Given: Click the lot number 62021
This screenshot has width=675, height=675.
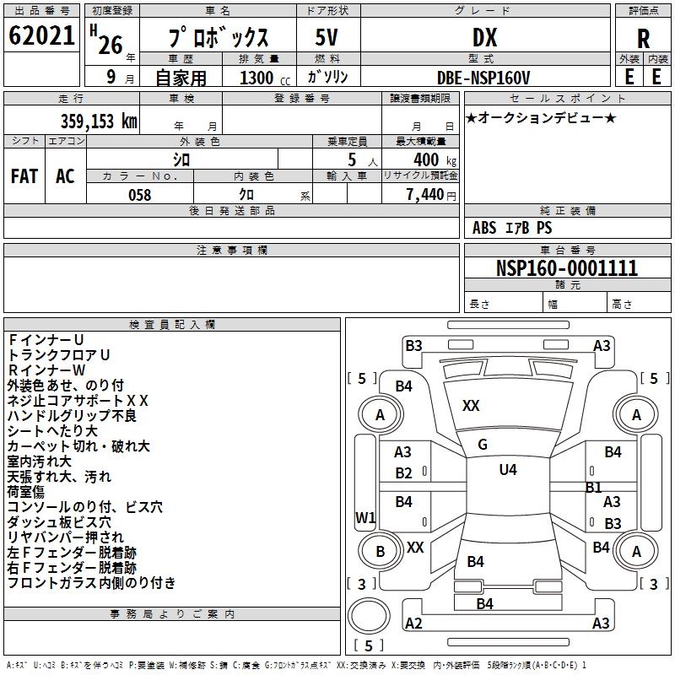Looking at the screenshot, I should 42,35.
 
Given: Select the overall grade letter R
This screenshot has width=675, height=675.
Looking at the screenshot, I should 643,39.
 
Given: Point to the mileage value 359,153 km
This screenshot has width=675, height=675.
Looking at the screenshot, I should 99,121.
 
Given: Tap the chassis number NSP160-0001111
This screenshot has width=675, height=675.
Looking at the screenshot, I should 566,268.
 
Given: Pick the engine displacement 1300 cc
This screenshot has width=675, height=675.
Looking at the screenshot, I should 262,78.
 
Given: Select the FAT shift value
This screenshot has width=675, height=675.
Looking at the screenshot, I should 24,175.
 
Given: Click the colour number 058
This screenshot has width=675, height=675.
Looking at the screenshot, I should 139,195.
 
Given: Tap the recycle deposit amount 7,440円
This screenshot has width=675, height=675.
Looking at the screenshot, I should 430,195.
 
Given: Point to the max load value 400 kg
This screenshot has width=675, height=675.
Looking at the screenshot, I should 431,160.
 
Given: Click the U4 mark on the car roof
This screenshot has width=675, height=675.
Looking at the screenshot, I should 508,470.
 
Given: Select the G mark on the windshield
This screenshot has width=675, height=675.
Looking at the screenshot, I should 482,445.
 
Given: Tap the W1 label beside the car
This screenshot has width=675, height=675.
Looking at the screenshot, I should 365,517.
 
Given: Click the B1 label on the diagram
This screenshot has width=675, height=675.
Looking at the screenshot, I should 593,487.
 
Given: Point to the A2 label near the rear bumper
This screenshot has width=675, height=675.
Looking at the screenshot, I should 413,624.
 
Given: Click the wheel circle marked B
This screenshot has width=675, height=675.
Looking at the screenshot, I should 380,552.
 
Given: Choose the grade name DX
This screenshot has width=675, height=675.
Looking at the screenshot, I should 484,37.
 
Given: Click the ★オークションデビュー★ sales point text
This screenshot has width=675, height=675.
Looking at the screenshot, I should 541,117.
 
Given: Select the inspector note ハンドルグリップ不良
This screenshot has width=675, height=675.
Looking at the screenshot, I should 72,415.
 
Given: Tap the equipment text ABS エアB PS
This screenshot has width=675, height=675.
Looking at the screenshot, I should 512,228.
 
